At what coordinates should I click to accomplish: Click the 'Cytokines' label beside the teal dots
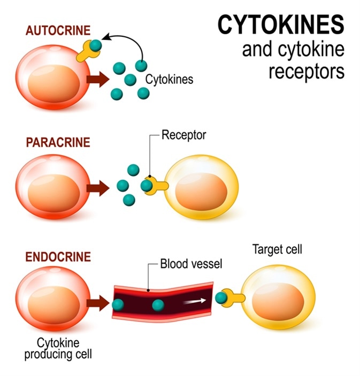168,80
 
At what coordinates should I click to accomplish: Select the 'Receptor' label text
184,135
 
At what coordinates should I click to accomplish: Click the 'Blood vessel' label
191,264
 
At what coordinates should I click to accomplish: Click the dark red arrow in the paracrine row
97,187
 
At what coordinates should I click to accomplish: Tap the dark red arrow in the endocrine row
97,303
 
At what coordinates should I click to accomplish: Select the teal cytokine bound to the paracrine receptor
147,185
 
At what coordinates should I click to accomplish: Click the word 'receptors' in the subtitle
307,71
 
